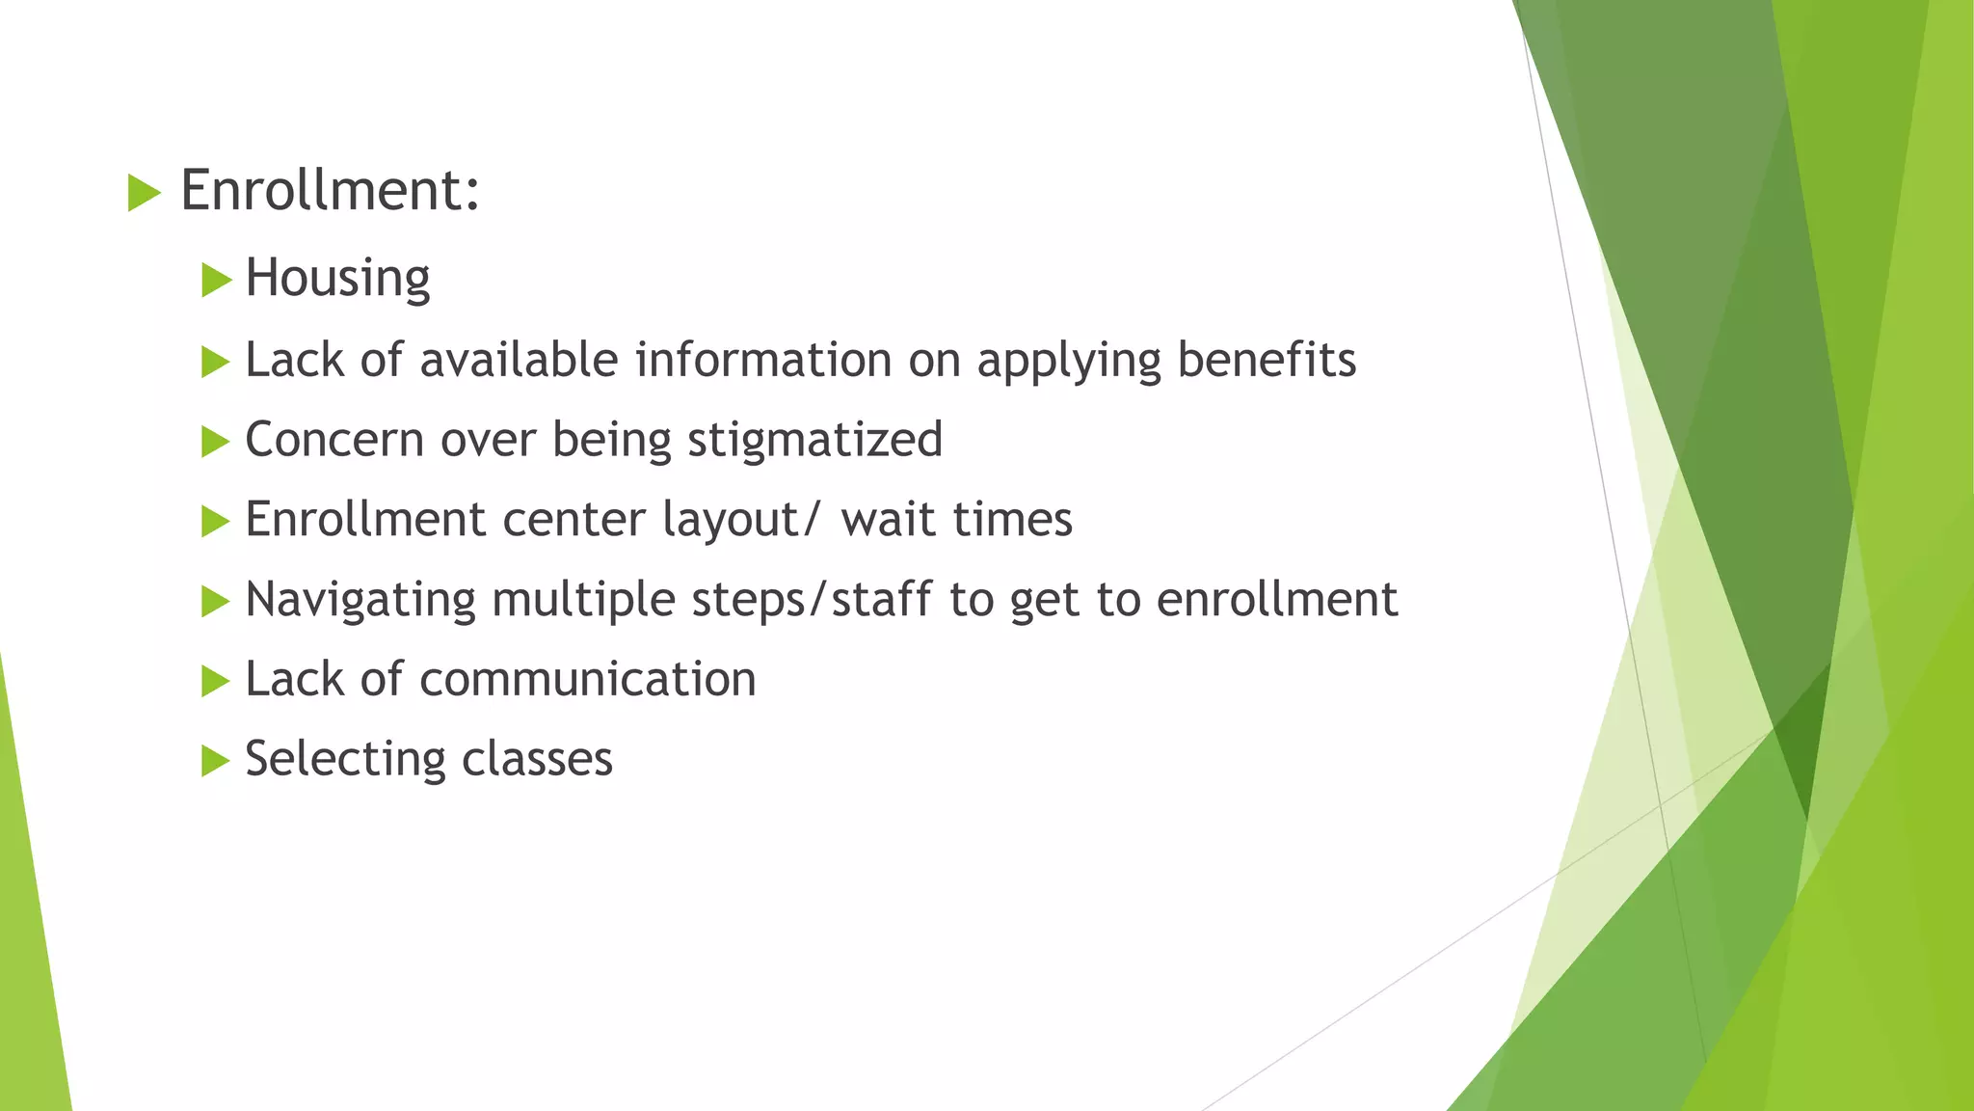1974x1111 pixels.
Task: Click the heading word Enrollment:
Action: point(330,190)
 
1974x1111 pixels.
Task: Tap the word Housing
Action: point(337,279)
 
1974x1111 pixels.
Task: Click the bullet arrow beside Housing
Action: point(216,282)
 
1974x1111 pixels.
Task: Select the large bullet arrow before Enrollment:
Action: point(144,194)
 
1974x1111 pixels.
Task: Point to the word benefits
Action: point(1266,360)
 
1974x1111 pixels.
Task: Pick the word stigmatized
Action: point(814,441)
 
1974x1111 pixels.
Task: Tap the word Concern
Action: point(334,441)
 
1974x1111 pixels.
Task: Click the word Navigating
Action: point(360,601)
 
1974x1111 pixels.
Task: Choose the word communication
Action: point(588,680)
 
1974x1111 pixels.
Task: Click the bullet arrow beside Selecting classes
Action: point(216,762)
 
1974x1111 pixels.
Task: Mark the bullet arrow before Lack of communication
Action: point(216,682)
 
